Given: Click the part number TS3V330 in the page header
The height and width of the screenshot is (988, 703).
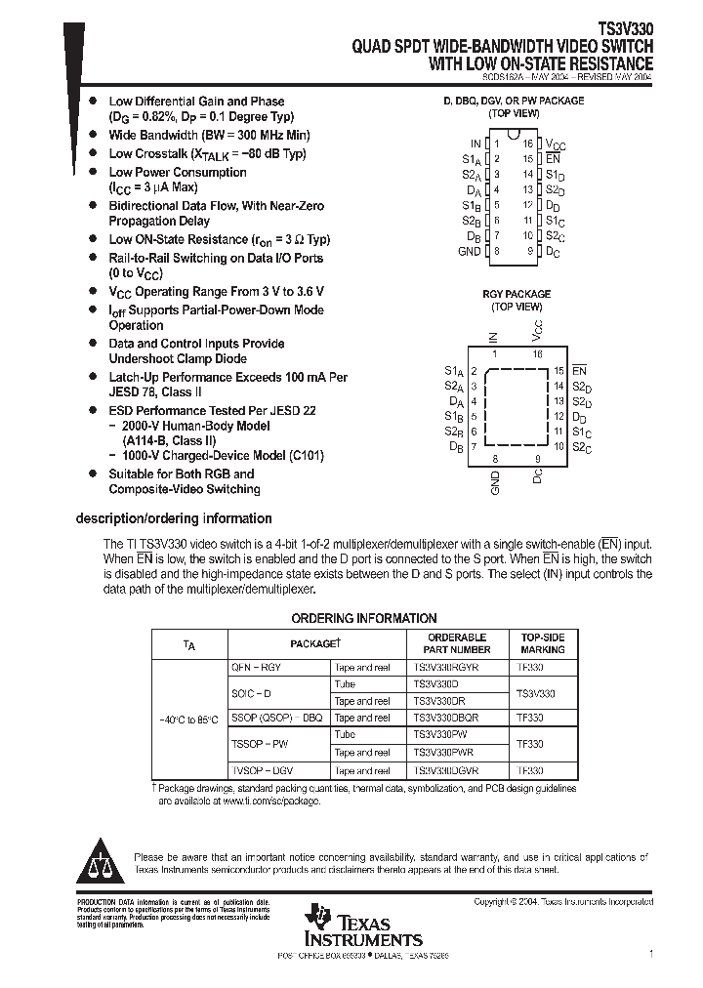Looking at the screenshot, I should click(626, 30).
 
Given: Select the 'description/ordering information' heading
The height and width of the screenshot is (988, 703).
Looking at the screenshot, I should click(174, 518).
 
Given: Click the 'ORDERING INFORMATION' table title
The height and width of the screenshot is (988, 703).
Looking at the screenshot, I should click(364, 618).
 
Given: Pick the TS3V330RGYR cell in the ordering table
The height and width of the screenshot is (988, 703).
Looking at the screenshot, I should click(446, 668).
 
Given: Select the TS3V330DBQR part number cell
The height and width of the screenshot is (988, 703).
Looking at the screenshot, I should click(446, 718).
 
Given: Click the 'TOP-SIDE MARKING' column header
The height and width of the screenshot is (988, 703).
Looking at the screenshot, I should click(542, 642).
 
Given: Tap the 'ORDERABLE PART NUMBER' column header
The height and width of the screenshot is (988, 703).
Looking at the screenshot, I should click(456, 642).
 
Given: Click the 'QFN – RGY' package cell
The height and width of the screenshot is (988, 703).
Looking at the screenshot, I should click(256, 668).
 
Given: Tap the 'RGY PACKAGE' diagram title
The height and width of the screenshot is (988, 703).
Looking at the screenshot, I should click(517, 293).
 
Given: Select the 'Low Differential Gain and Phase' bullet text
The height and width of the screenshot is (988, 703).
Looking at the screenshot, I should click(196, 102).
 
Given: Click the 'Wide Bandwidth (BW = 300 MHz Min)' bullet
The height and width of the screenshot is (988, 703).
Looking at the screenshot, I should click(209, 136).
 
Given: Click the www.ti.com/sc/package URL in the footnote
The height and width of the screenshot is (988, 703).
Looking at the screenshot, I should click(265, 801).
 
